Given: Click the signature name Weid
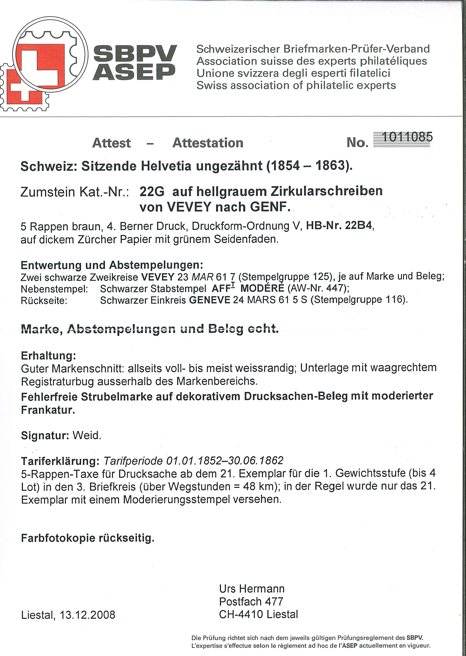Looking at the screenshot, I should tap(87, 436).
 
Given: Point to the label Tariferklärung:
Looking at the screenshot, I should tap(60, 461).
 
